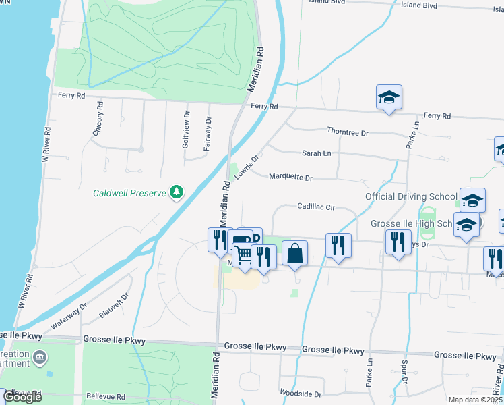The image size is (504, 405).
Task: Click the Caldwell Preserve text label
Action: pos(129,193)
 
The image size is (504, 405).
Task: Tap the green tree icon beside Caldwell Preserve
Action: pos(177,192)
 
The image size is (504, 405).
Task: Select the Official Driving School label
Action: pos(411,196)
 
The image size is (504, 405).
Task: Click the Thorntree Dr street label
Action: pos(347,132)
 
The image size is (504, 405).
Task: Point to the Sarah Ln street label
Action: pos(316,153)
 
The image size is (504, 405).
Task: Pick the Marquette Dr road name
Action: pos(290,178)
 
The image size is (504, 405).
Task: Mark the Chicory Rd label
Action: pos(98,119)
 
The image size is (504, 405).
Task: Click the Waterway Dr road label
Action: pos(69,315)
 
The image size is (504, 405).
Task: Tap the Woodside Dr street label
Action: pos(301,394)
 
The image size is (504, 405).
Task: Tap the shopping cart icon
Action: pos(243,254)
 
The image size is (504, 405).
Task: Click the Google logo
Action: pos(22,397)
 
